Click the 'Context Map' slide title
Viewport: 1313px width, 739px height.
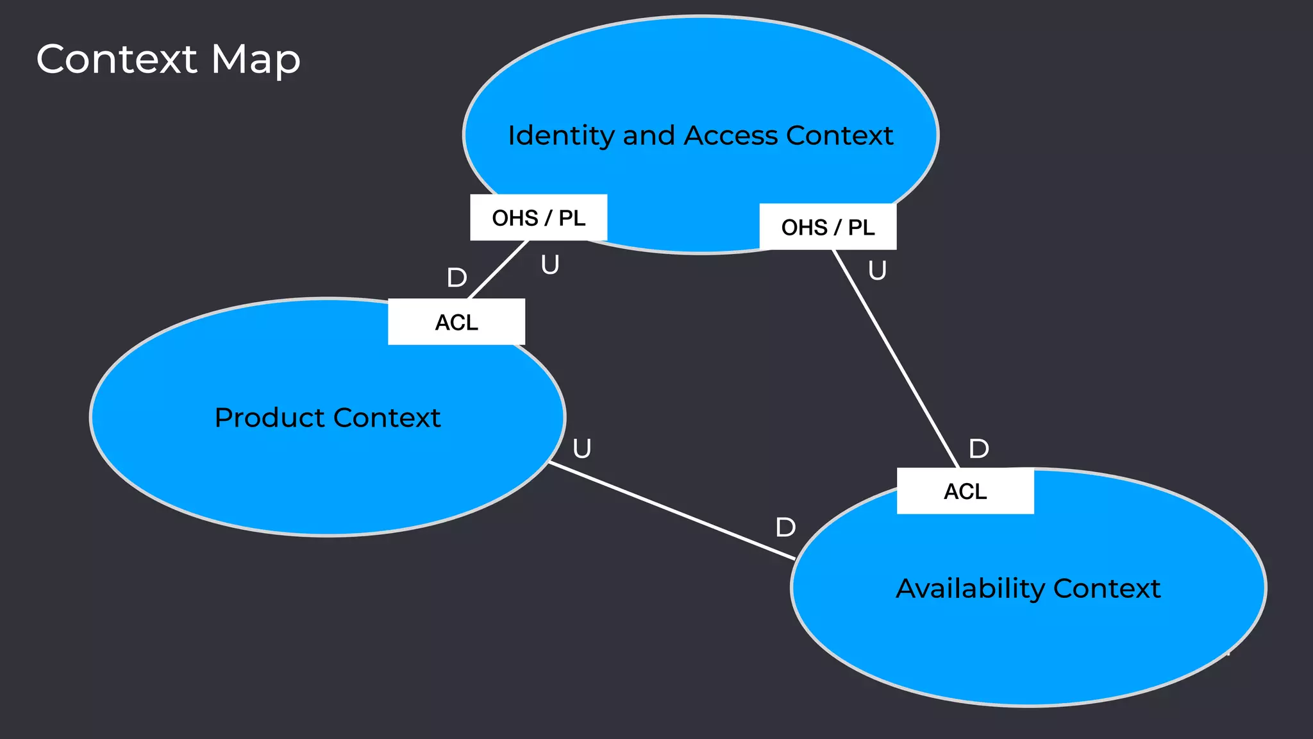pyautogui.click(x=168, y=59)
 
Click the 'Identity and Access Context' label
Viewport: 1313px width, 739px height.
pyautogui.click(x=700, y=135)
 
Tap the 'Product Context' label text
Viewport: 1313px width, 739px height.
pyautogui.click(x=328, y=418)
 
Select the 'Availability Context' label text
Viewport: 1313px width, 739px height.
pyautogui.click(x=1028, y=588)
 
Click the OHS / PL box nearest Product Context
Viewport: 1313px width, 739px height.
pyautogui.click(x=539, y=217)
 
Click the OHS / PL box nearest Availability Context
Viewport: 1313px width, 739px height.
pyautogui.click(x=828, y=227)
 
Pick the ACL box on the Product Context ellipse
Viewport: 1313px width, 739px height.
pyautogui.click(x=456, y=322)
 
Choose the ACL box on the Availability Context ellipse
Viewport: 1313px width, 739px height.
pyautogui.click(x=965, y=491)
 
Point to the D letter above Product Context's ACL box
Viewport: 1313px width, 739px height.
pyautogui.click(x=456, y=278)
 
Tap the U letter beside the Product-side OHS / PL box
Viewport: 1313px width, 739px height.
pyautogui.click(x=550, y=264)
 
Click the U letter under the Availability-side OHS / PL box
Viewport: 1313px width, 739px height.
pyautogui.click(x=877, y=270)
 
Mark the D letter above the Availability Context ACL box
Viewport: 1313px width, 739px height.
pyautogui.click(x=978, y=448)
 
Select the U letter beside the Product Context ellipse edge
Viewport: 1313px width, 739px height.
pyautogui.click(x=581, y=448)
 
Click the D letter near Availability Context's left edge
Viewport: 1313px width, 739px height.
pyautogui.click(x=785, y=527)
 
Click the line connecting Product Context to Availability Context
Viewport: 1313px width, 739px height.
pyautogui.click(x=672, y=511)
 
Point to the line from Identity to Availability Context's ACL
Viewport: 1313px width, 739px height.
pyautogui.click(x=896, y=359)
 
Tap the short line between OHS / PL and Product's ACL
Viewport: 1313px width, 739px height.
pyautogui.click(x=498, y=270)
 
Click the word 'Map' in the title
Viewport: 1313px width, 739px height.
pyautogui.click(x=255, y=59)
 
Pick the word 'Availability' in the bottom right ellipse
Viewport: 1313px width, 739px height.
pyautogui.click(x=970, y=588)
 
